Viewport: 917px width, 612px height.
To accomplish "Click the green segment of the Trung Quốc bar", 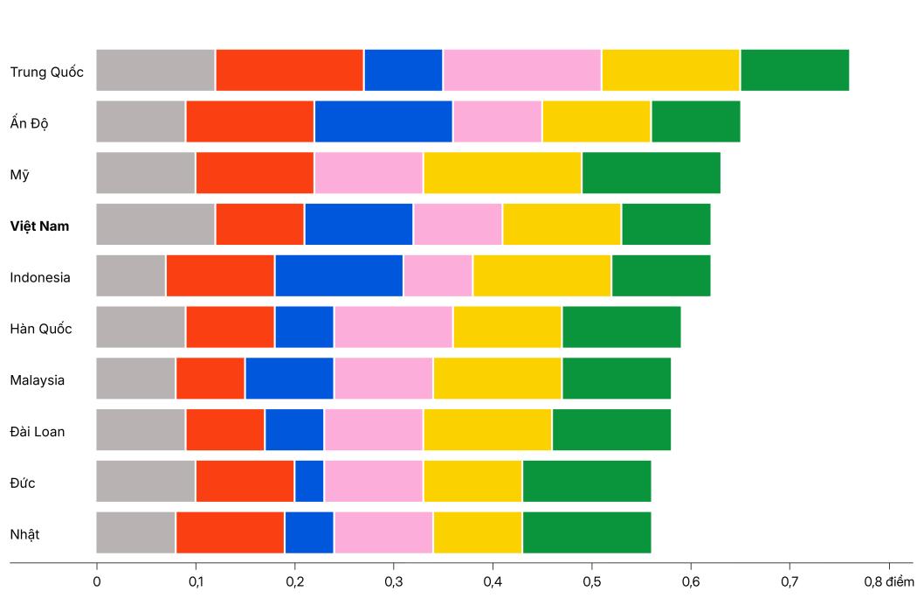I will coord(795,71).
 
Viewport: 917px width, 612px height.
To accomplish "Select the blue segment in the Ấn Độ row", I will coord(383,122).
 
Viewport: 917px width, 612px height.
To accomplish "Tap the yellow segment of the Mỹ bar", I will coord(502,173).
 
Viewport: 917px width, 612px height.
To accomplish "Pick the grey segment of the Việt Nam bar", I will coord(155,225).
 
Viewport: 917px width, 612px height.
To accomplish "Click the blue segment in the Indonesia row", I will coord(339,276).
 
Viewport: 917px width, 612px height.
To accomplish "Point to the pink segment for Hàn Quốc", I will coord(393,328).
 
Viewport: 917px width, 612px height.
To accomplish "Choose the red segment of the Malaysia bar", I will coord(210,379).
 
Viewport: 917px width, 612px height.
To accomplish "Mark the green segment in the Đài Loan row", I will coord(611,431).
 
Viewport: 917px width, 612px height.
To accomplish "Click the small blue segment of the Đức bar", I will coord(309,482).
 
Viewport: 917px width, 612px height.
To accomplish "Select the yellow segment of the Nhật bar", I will coord(478,533).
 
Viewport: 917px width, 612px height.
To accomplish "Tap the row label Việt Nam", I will coord(40,226).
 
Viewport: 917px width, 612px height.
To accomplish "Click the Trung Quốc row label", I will coord(47,72).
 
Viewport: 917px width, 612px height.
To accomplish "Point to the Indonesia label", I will coord(40,278).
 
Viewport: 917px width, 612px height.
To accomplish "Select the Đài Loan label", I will coord(38,431).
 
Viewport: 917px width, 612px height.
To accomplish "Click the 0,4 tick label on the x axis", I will coord(493,581).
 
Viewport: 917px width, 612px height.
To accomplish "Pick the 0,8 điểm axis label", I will coord(888,581).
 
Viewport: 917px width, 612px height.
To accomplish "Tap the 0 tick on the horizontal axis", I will coord(96,581).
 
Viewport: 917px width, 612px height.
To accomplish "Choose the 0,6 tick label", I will coord(691,581).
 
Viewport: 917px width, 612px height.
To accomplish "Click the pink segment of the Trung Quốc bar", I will coord(522,71).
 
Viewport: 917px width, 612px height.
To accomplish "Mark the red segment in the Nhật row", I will coord(231,533).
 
